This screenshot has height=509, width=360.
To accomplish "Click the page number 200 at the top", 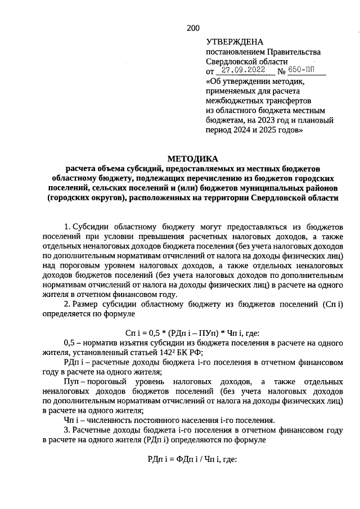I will point(193,28).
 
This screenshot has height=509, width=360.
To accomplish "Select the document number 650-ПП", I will point(302,71).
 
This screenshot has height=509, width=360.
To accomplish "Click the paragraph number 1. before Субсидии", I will point(67,227).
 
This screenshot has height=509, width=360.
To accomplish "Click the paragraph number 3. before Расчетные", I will point(67,430).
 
